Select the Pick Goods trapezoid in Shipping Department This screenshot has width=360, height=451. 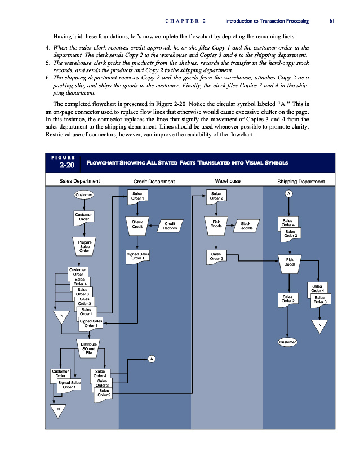[290, 262]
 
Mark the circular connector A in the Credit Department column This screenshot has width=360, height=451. [152, 359]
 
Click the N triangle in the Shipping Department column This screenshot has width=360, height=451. [319, 326]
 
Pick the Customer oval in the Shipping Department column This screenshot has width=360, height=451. [288, 342]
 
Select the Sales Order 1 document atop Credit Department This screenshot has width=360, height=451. [137, 196]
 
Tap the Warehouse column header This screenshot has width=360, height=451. [228, 181]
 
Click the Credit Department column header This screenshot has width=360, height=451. [154, 181]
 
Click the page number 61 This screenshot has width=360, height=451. [332, 21]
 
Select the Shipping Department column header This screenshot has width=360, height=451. [301, 181]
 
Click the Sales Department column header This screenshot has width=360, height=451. [80, 181]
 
